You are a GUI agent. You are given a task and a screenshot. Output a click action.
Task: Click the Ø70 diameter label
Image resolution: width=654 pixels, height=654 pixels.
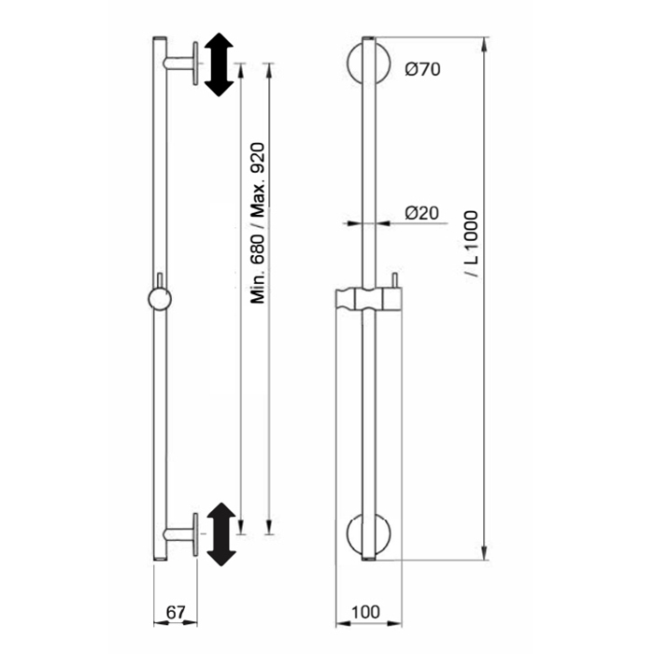pyautogui.click(x=422, y=69)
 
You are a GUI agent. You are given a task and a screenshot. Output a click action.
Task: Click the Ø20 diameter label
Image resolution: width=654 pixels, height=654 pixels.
pyautogui.click(x=421, y=213)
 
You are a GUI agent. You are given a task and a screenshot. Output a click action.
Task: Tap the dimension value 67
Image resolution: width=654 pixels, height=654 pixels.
pyautogui.click(x=176, y=612)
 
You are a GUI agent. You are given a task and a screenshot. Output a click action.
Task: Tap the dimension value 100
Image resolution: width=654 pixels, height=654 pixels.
pyautogui.click(x=365, y=612)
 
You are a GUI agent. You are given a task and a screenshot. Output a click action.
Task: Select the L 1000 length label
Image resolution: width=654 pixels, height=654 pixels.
pyautogui.click(x=471, y=244)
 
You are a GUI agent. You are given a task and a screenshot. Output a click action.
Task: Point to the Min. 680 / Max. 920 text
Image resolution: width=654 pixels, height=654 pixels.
pyautogui.click(x=258, y=223)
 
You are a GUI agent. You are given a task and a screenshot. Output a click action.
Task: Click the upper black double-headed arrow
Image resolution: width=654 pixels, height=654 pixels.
pyautogui.click(x=219, y=64)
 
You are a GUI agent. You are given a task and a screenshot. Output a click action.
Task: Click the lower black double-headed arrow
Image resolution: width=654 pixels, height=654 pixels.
pyautogui.click(x=221, y=534)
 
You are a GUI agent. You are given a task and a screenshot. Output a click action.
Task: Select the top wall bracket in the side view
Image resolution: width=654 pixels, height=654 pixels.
pyautogui.click(x=180, y=64)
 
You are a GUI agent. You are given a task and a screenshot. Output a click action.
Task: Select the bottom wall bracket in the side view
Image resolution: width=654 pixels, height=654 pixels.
pyautogui.click(x=180, y=534)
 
